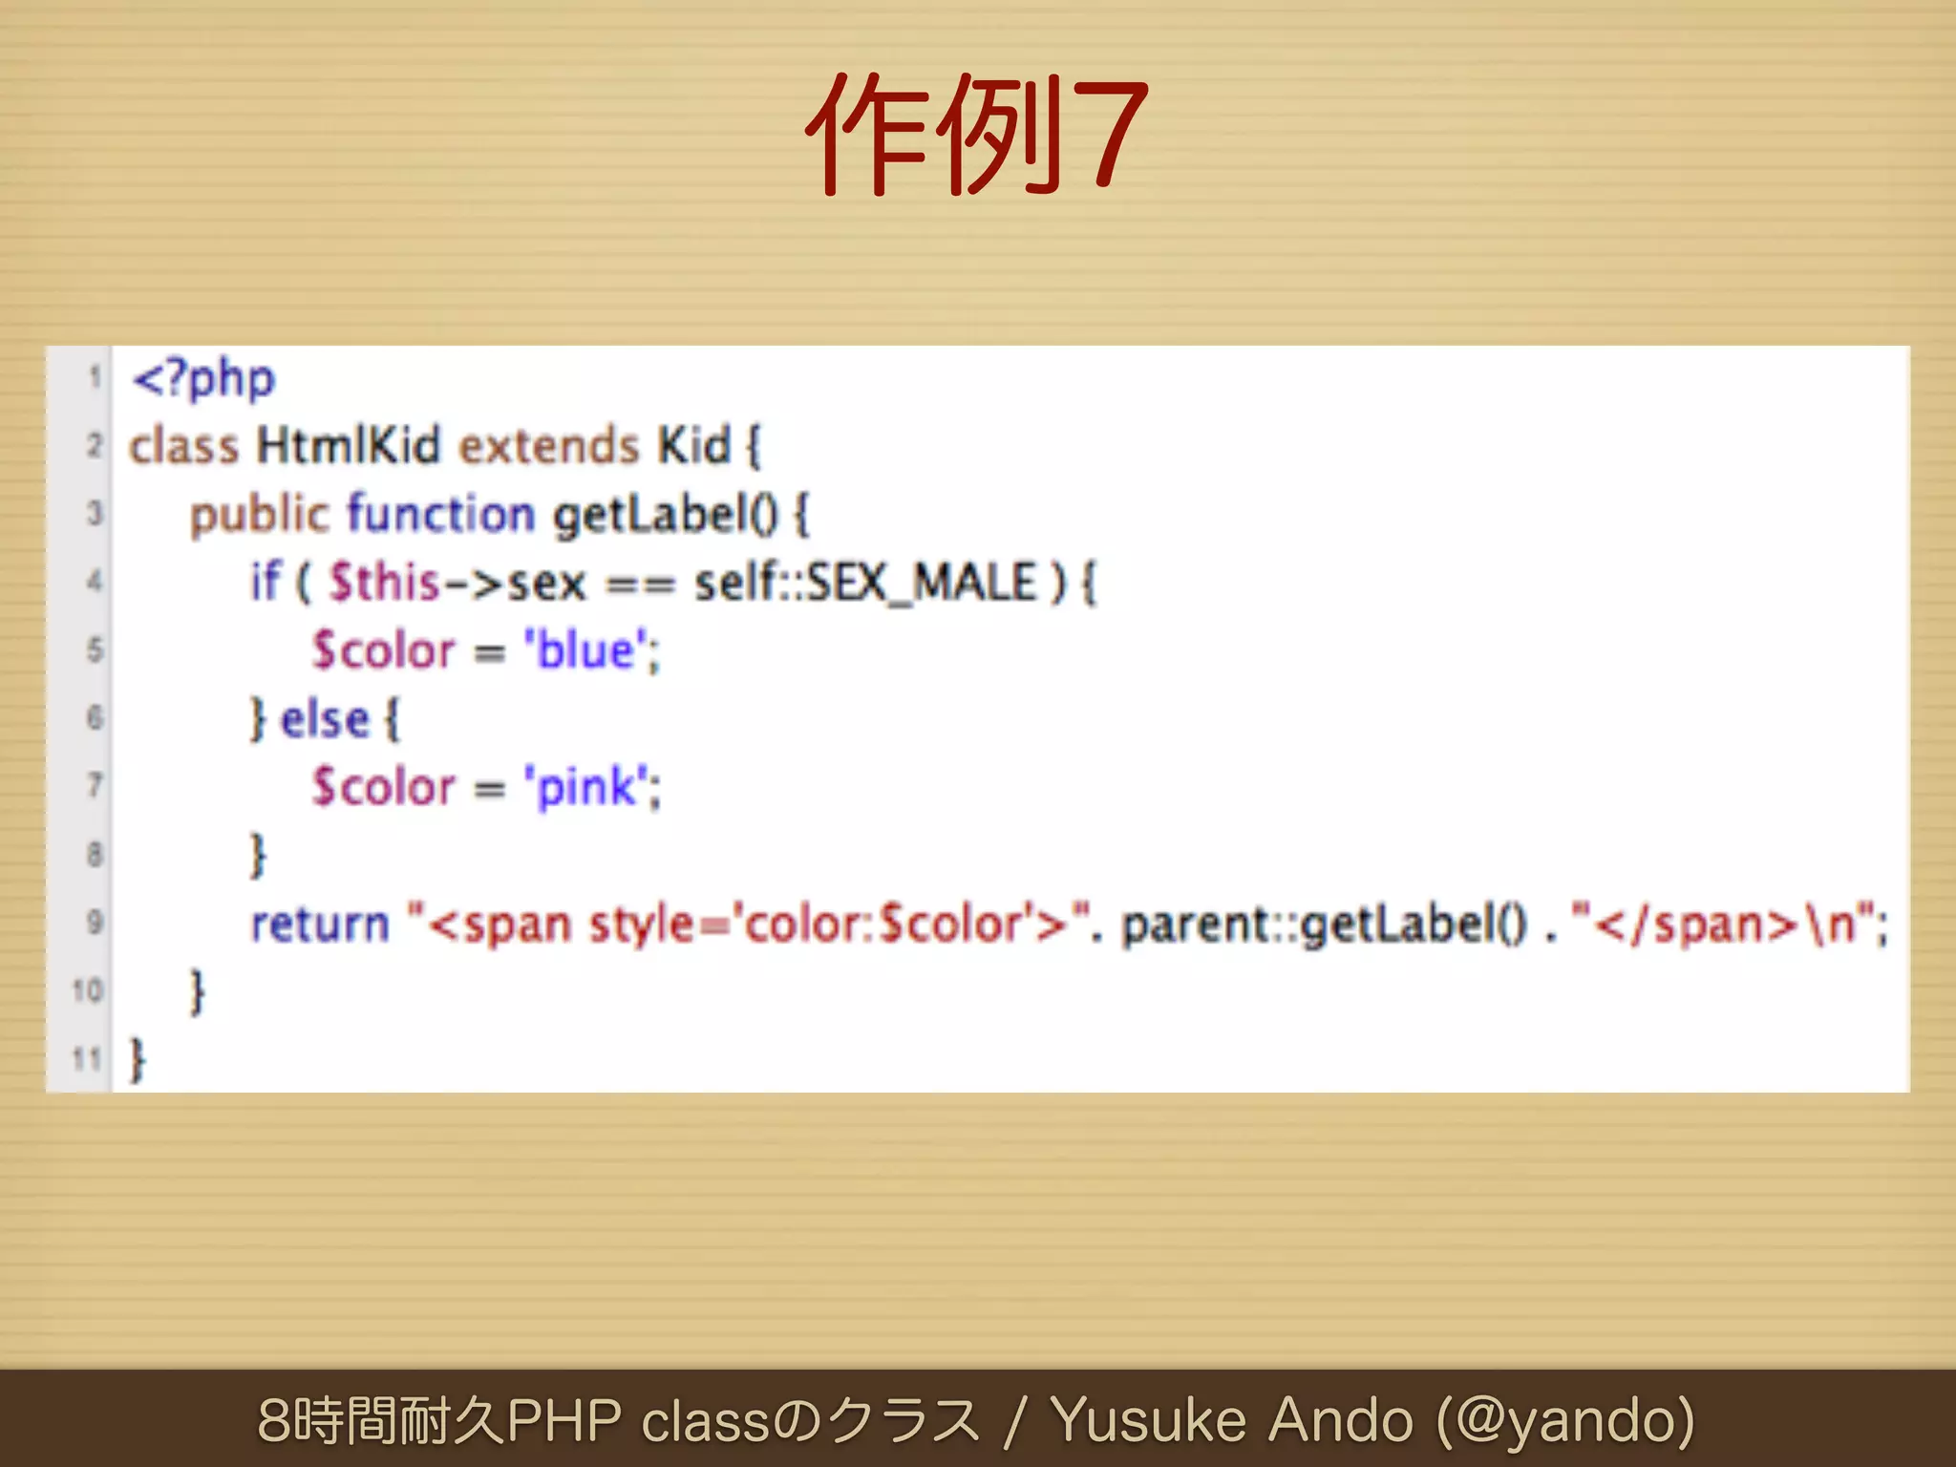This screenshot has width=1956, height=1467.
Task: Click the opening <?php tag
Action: coord(203,378)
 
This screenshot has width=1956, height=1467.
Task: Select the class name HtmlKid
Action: coord(349,446)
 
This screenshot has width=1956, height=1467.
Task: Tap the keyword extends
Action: coord(548,446)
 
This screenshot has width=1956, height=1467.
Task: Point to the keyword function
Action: coord(440,515)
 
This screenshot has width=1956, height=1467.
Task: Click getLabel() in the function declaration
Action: coord(667,515)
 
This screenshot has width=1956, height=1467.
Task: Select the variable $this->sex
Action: coord(457,583)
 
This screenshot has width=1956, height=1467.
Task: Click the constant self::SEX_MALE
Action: coord(864,583)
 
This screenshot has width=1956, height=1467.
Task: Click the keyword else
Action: coord(325,719)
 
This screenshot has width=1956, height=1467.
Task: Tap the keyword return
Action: coord(320,925)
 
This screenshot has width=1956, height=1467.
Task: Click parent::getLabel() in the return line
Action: coord(1324,925)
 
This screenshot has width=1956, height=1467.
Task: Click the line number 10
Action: coord(87,990)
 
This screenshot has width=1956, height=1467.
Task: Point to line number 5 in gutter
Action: coord(94,650)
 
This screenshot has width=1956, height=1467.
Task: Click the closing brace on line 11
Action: coord(138,1060)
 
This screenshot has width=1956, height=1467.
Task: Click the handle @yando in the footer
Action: coord(1566,1420)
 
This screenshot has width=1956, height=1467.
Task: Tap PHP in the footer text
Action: coord(563,1420)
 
